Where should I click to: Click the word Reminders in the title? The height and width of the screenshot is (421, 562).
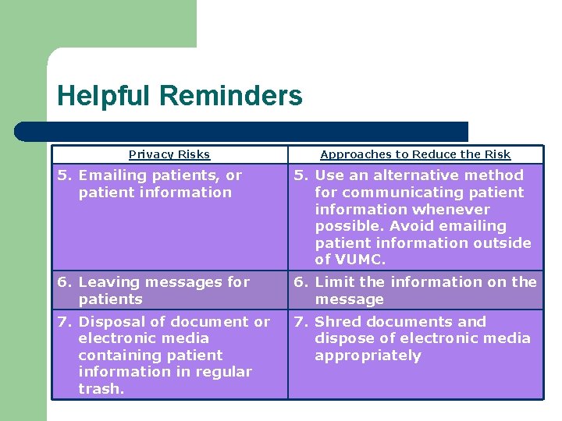(230, 96)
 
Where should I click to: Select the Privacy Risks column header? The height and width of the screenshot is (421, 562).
(169, 154)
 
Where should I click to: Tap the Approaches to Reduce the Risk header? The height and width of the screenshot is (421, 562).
(415, 154)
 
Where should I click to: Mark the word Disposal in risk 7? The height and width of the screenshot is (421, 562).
(110, 322)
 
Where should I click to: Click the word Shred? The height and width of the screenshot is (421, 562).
(336, 322)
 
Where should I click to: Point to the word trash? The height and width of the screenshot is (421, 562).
(101, 389)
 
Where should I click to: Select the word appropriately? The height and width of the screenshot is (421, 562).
(368, 356)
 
